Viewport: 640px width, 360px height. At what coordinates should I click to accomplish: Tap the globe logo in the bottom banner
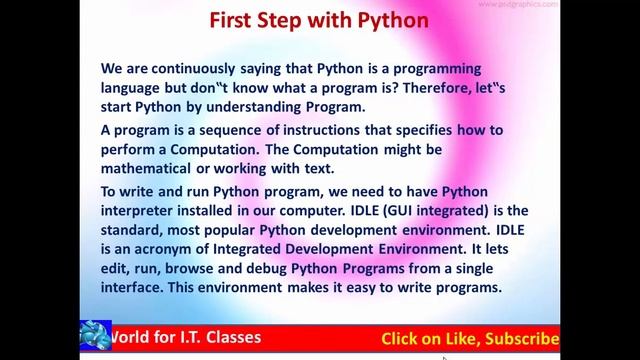pos(90,337)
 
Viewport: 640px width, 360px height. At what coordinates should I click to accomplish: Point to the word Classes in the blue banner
pos(228,337)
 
